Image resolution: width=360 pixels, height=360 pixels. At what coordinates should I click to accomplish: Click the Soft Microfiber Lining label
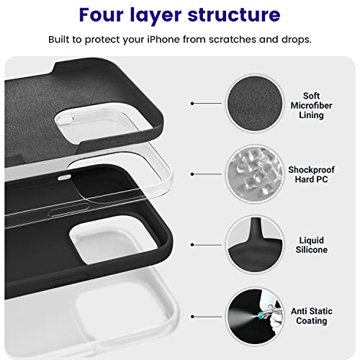[311, 105]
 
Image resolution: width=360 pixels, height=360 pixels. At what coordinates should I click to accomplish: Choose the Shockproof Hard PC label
[311, 174]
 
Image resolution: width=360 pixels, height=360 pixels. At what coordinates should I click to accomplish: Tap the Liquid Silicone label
[311, 245]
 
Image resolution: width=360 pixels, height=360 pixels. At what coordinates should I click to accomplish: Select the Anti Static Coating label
[311, 315]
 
